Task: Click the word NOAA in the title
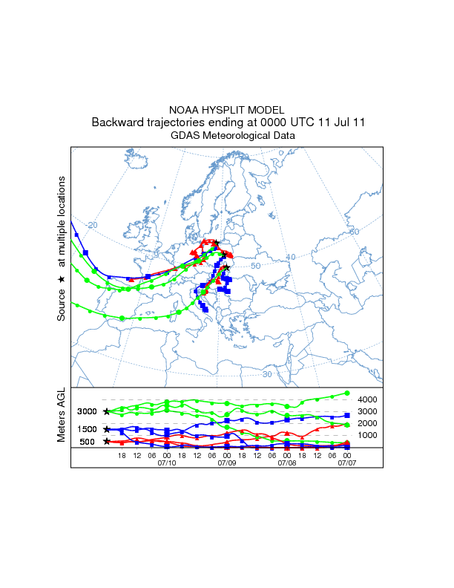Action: [x=185, y=110]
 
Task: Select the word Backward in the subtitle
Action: [x=116, y=122]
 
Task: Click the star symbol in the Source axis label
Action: [x=62, y=279]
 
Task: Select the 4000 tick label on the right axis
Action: [x=367, y=399]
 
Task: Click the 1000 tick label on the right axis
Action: [x=367, y=435]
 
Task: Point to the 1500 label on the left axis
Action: [x=88, y=429]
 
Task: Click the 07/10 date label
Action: [x=167, y=463]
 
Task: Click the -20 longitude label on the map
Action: [x=91, y=225]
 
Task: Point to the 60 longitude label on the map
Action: [x=354, y=232]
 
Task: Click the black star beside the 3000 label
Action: [x=107, y=411]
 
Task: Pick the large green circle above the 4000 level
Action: [x=346, y=393]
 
